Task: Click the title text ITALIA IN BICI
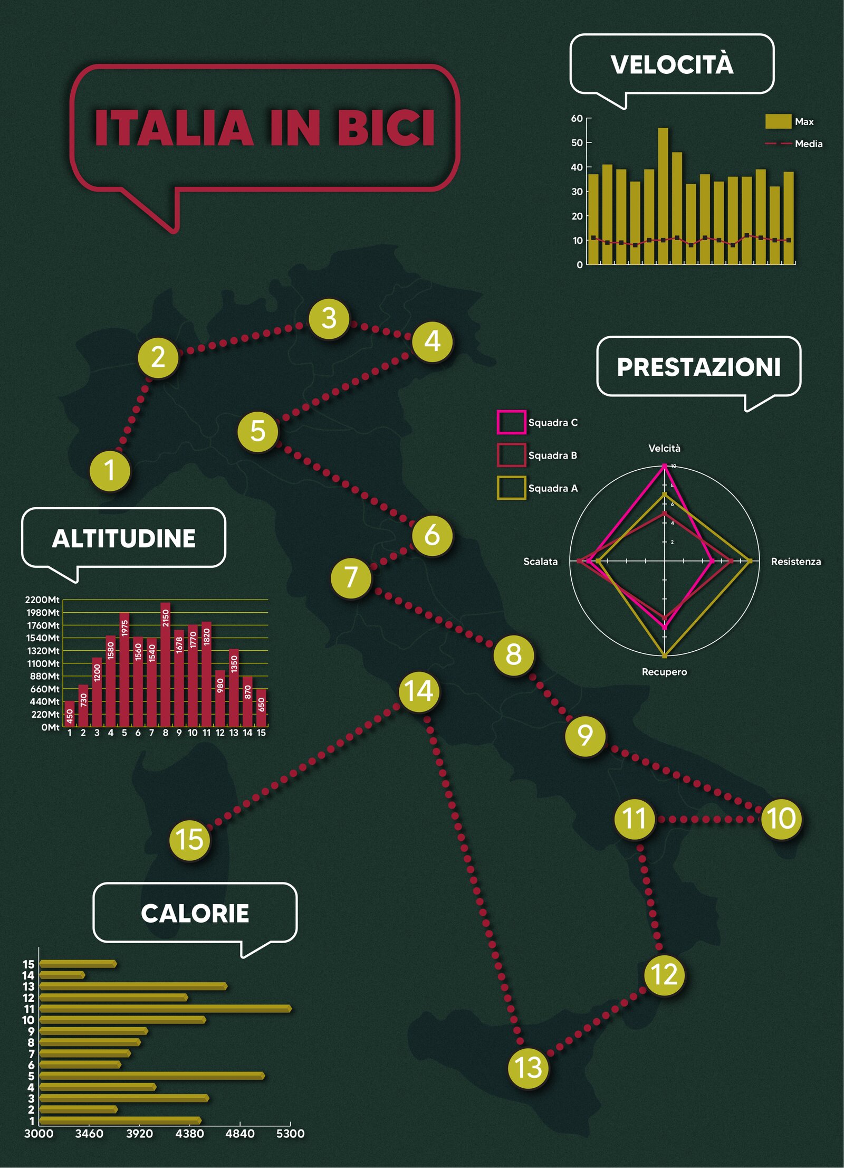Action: pos(264,128)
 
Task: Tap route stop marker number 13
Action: pos(528,1067)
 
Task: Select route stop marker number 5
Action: pos(257,431)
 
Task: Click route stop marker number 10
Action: pos(781,819)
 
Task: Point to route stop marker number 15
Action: pos(189,839)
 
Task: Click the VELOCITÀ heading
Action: pos(672,65)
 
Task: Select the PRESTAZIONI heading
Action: pos(698,367)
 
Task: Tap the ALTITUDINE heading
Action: pos(123,538)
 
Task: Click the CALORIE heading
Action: pos(195,913)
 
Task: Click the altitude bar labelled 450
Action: pos(69,714)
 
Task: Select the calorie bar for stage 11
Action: pos(165,1009)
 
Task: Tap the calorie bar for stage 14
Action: pos(62,975)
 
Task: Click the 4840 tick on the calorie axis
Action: pos(240,1133)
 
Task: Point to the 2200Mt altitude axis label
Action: pos(42,600)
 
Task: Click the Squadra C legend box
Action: pos(511,422)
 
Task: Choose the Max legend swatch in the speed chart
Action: pos(778,121)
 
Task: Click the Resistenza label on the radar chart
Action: pos(795,562)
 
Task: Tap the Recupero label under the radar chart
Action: pos(664,672)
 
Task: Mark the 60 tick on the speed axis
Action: pos(577,118)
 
